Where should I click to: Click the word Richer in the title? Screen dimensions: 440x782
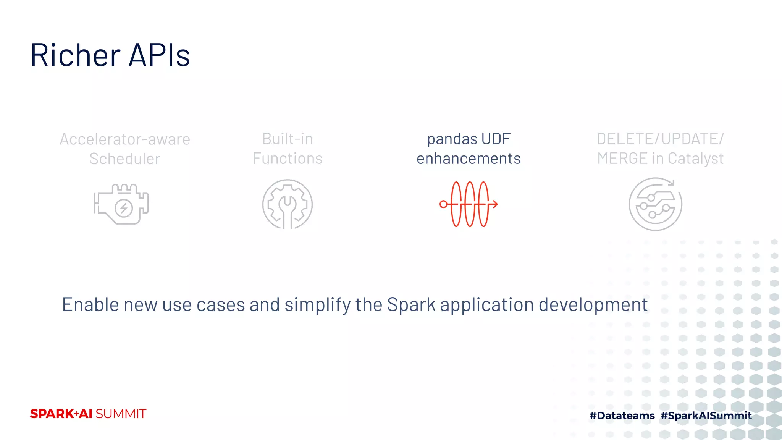click(x=76, y=55)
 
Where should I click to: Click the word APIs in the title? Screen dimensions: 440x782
click(x=159, y=55)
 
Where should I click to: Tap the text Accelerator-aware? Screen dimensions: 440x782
click(x=125, y=139)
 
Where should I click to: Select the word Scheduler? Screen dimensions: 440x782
click(x=125, y=159)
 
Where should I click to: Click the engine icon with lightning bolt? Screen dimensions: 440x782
click(x=121, y=204)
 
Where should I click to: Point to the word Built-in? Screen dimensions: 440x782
click(x=288, y=139)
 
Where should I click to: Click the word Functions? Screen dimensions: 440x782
click(x=288, y=159)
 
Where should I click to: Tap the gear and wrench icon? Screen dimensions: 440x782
click(x=288, y=204)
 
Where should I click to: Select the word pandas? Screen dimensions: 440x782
click(x=447, y=139)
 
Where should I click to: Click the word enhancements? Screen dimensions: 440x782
click(x=469, y=159)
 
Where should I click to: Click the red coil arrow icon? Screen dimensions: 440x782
click(x=469, y=204)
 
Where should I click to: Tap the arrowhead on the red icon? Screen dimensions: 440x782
click(x=495, y=204)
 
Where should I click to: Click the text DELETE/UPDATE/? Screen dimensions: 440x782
click(x=660, y=139)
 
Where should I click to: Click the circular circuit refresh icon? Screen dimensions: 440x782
click(x=655, y=204)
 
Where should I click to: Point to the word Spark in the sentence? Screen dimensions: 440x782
click(x=411, y=305)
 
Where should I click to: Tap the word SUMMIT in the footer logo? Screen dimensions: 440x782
click(x=121, y=414)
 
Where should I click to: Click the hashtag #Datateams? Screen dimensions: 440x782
click(x=622, y=416)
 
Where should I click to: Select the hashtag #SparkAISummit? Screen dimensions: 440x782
click(x=706, y=416)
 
